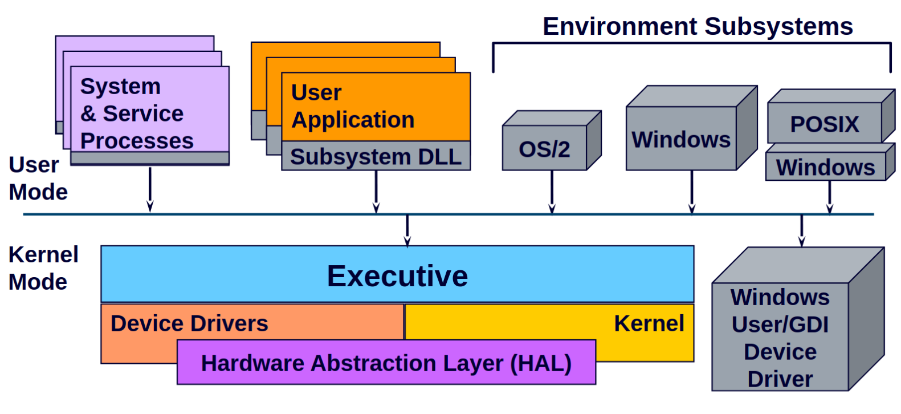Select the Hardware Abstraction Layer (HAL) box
386,363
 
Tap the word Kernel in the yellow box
649,323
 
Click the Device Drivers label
189,323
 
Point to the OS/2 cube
544,149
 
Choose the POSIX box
824,124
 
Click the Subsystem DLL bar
376,157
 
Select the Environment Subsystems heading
697,26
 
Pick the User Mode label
38,178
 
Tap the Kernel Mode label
43,268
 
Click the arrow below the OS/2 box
552,192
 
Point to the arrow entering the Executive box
407,230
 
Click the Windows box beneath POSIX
825,168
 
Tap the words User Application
352,106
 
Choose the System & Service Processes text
137,113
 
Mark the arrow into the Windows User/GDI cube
802,230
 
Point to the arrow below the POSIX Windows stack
830,197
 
